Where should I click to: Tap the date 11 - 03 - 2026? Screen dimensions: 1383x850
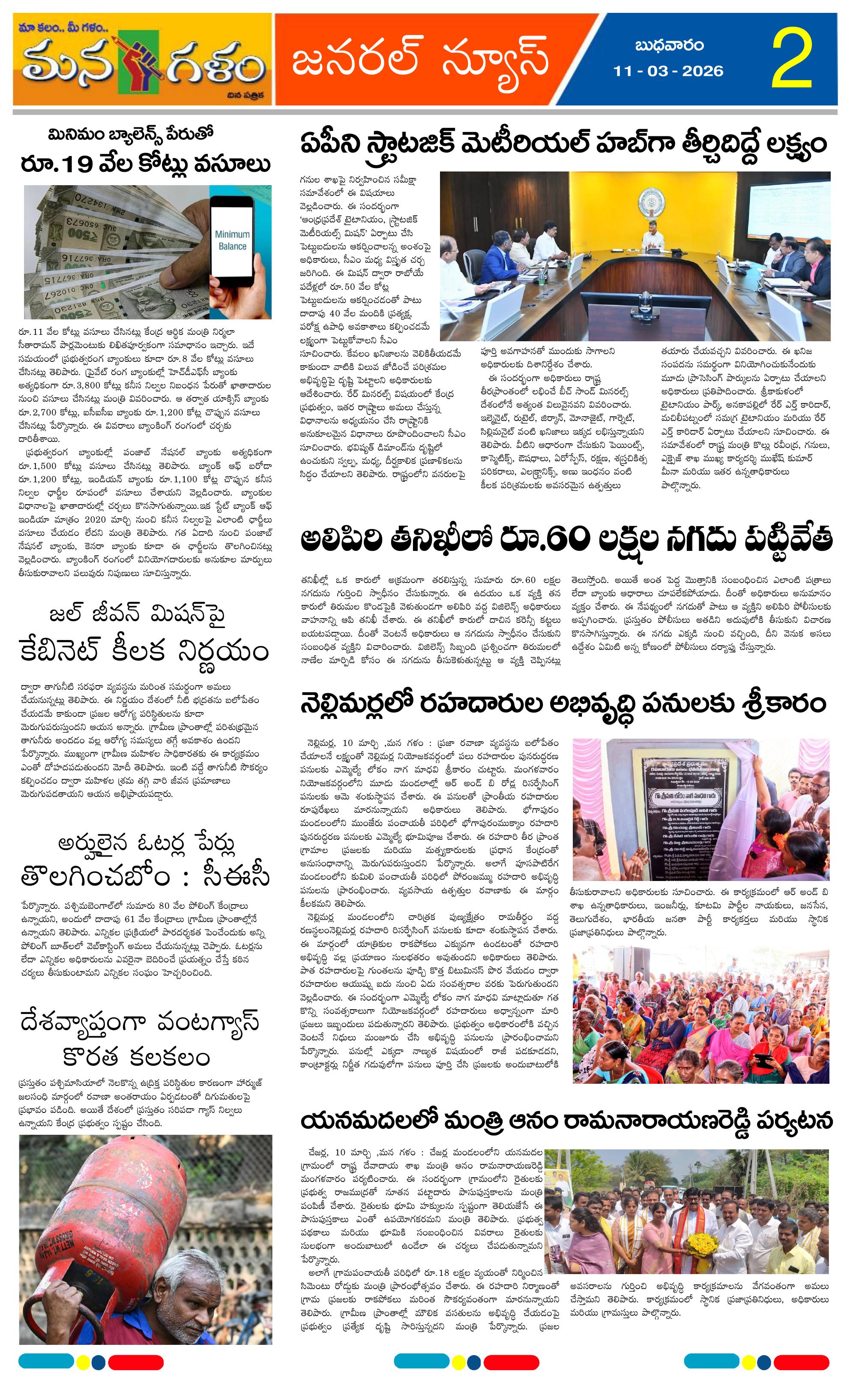click(668, 71)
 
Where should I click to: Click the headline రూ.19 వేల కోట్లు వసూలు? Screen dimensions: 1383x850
click(146, 164)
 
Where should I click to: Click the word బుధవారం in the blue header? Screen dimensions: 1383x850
click(669, 45)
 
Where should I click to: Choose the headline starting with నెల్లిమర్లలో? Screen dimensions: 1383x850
click(563, 704)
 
